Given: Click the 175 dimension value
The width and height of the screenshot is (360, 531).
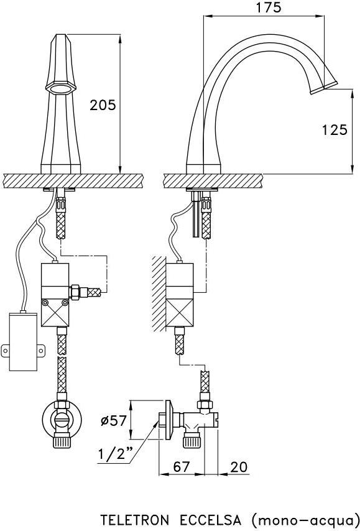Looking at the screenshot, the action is (268, 7).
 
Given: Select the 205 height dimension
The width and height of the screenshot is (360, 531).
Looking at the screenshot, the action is (102, 105).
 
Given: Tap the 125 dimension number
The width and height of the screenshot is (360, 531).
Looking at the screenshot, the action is (335, 130).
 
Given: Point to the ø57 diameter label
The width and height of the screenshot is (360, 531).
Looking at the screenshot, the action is (114, 420).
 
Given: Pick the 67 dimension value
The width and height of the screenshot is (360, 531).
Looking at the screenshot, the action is (182, 467).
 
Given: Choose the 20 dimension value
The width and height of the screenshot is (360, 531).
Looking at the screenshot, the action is (239, 467).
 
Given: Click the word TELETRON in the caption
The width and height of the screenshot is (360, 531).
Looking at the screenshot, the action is (135, 520).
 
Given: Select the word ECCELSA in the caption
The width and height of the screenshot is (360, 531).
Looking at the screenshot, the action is (210, 520).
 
